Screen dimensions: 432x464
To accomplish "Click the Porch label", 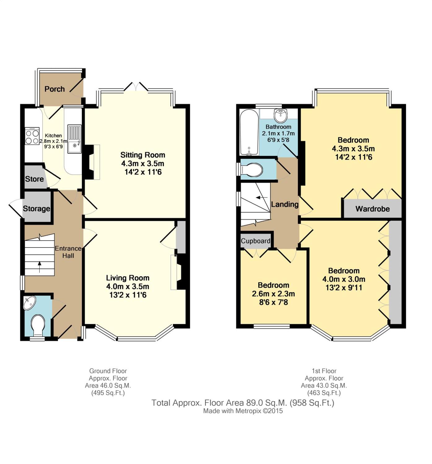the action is coord(55,89).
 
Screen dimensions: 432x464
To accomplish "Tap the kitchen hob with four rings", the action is coord(32,136).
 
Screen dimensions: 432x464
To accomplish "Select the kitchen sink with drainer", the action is coord(74,139).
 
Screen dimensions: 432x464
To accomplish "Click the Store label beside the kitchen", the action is coord(34,179).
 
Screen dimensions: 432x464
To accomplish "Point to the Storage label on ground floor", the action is coord(37,208).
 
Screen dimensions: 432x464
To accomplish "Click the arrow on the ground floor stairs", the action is coord(39,267).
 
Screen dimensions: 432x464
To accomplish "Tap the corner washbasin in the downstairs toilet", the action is coord(29,303).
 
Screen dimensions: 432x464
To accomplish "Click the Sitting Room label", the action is coord(143,155).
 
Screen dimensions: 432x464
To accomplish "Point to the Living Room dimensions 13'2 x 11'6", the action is coord(128,295).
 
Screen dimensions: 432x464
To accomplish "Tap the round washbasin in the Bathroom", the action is coord(281,115).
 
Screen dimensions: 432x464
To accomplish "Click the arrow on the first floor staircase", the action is coord(262,198).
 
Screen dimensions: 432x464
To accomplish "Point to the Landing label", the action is coord(285,204).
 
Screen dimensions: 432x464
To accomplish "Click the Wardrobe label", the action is coord(373,208).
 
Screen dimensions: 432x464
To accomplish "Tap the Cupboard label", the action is coord(255,241).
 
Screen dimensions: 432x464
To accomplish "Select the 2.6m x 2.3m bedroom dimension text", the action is coord(273,294).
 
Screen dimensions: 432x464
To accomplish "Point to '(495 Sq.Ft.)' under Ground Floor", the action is coord(108,393).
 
